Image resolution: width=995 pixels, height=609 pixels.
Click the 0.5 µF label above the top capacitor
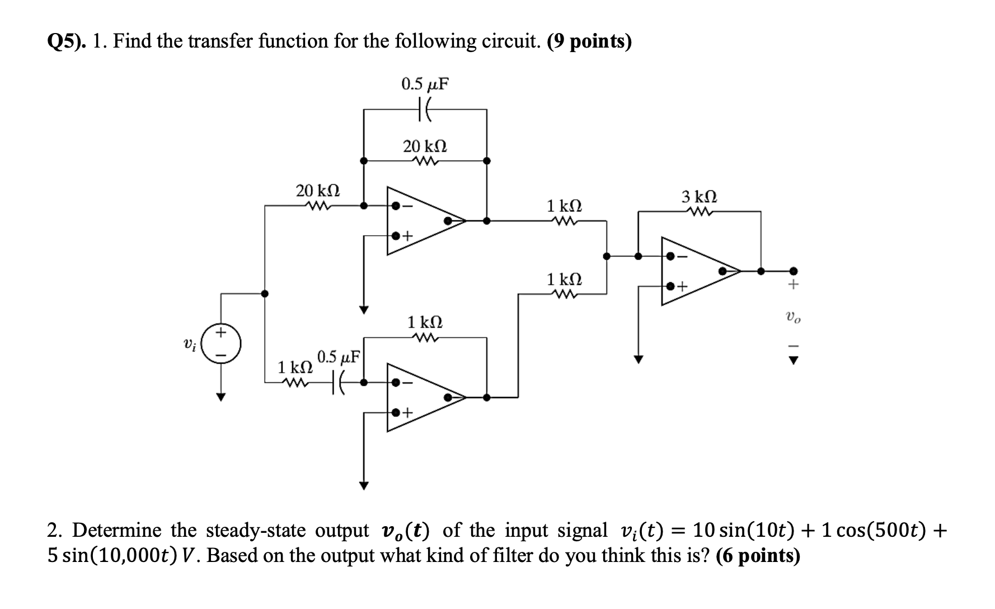point(425,85)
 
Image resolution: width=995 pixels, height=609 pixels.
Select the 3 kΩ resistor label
point(699,197)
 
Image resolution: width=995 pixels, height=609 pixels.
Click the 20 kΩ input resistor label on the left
point(317,190)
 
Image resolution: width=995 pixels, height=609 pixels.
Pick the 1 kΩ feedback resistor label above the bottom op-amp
point(425,322)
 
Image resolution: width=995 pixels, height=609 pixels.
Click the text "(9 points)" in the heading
point(589,41)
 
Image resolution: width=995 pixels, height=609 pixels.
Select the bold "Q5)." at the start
point(67,41)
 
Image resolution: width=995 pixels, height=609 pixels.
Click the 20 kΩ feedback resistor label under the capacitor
point(425,147)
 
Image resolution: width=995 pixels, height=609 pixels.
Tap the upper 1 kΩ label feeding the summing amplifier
point(564,205)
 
